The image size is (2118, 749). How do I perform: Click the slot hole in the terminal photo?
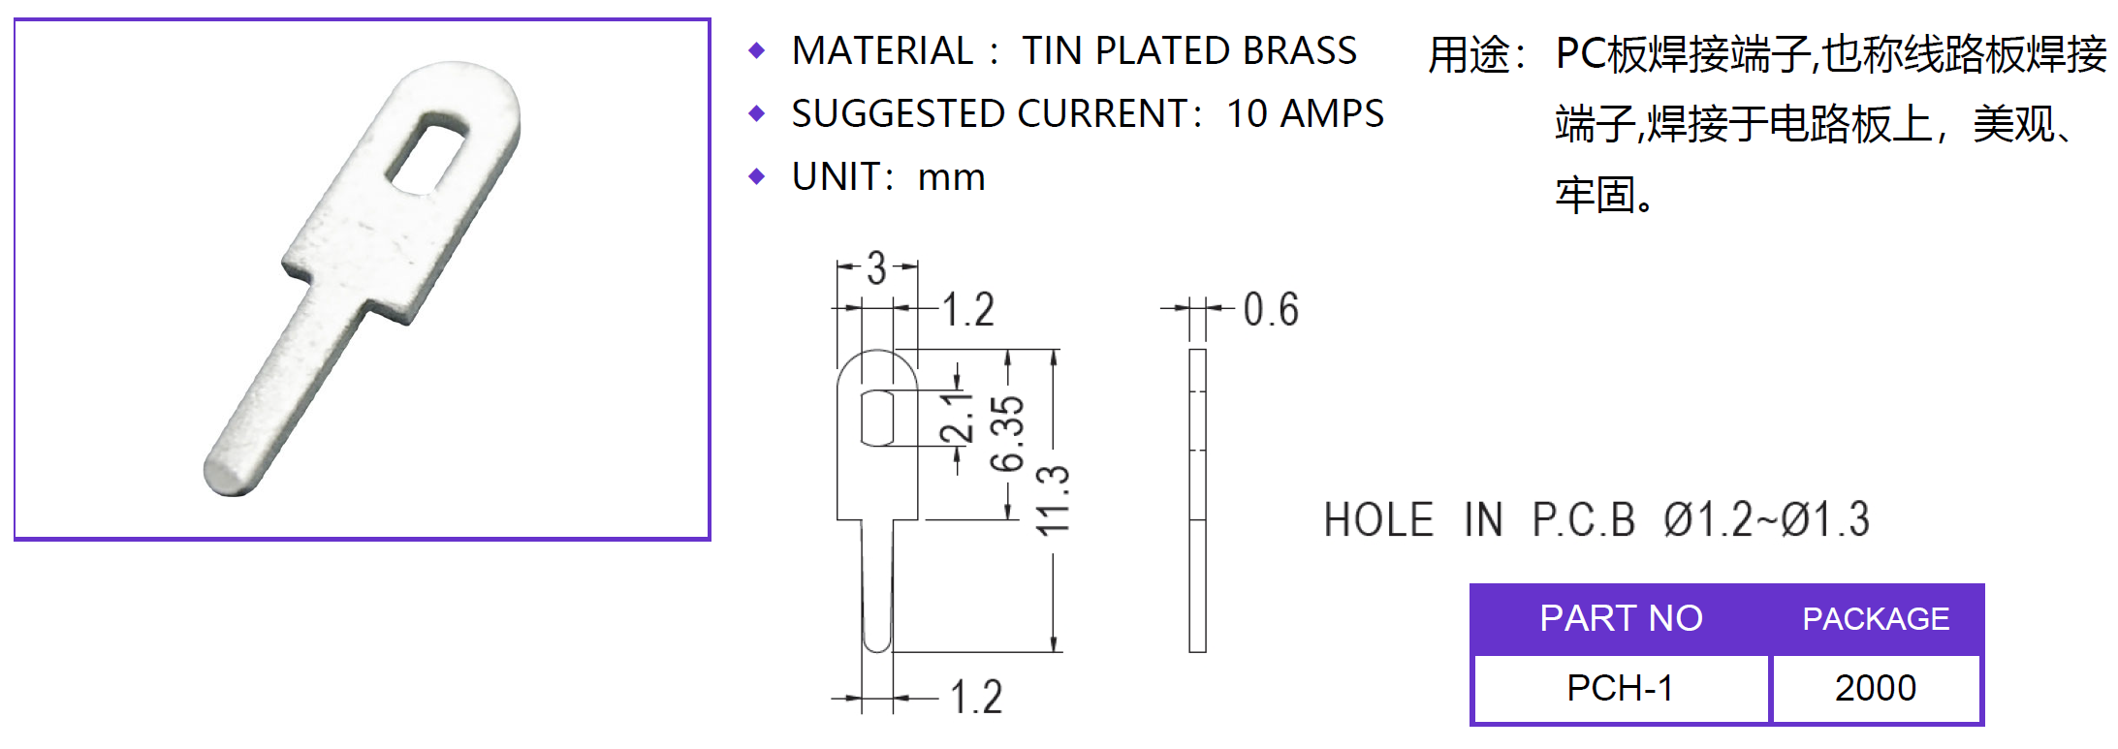428,152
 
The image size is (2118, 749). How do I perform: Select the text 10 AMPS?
1305,114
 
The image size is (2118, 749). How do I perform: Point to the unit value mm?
951,177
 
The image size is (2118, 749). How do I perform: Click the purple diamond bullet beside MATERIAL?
757,51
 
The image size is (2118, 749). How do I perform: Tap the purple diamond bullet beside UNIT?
757,177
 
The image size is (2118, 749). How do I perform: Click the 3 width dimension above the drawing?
876,267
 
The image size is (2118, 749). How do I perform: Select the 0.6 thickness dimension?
1270,310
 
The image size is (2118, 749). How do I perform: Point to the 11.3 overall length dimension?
1054,500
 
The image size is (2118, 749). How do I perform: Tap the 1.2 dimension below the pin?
975,698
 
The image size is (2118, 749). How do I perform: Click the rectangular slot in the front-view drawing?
877,418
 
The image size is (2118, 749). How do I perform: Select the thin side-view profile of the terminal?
1197,500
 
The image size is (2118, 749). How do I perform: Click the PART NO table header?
1621,618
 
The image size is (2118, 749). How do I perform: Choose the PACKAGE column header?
1875,618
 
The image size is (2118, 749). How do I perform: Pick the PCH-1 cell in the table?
1620,688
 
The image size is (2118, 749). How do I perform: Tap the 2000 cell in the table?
1875,688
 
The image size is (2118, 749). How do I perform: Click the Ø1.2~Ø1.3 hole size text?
1766,520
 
